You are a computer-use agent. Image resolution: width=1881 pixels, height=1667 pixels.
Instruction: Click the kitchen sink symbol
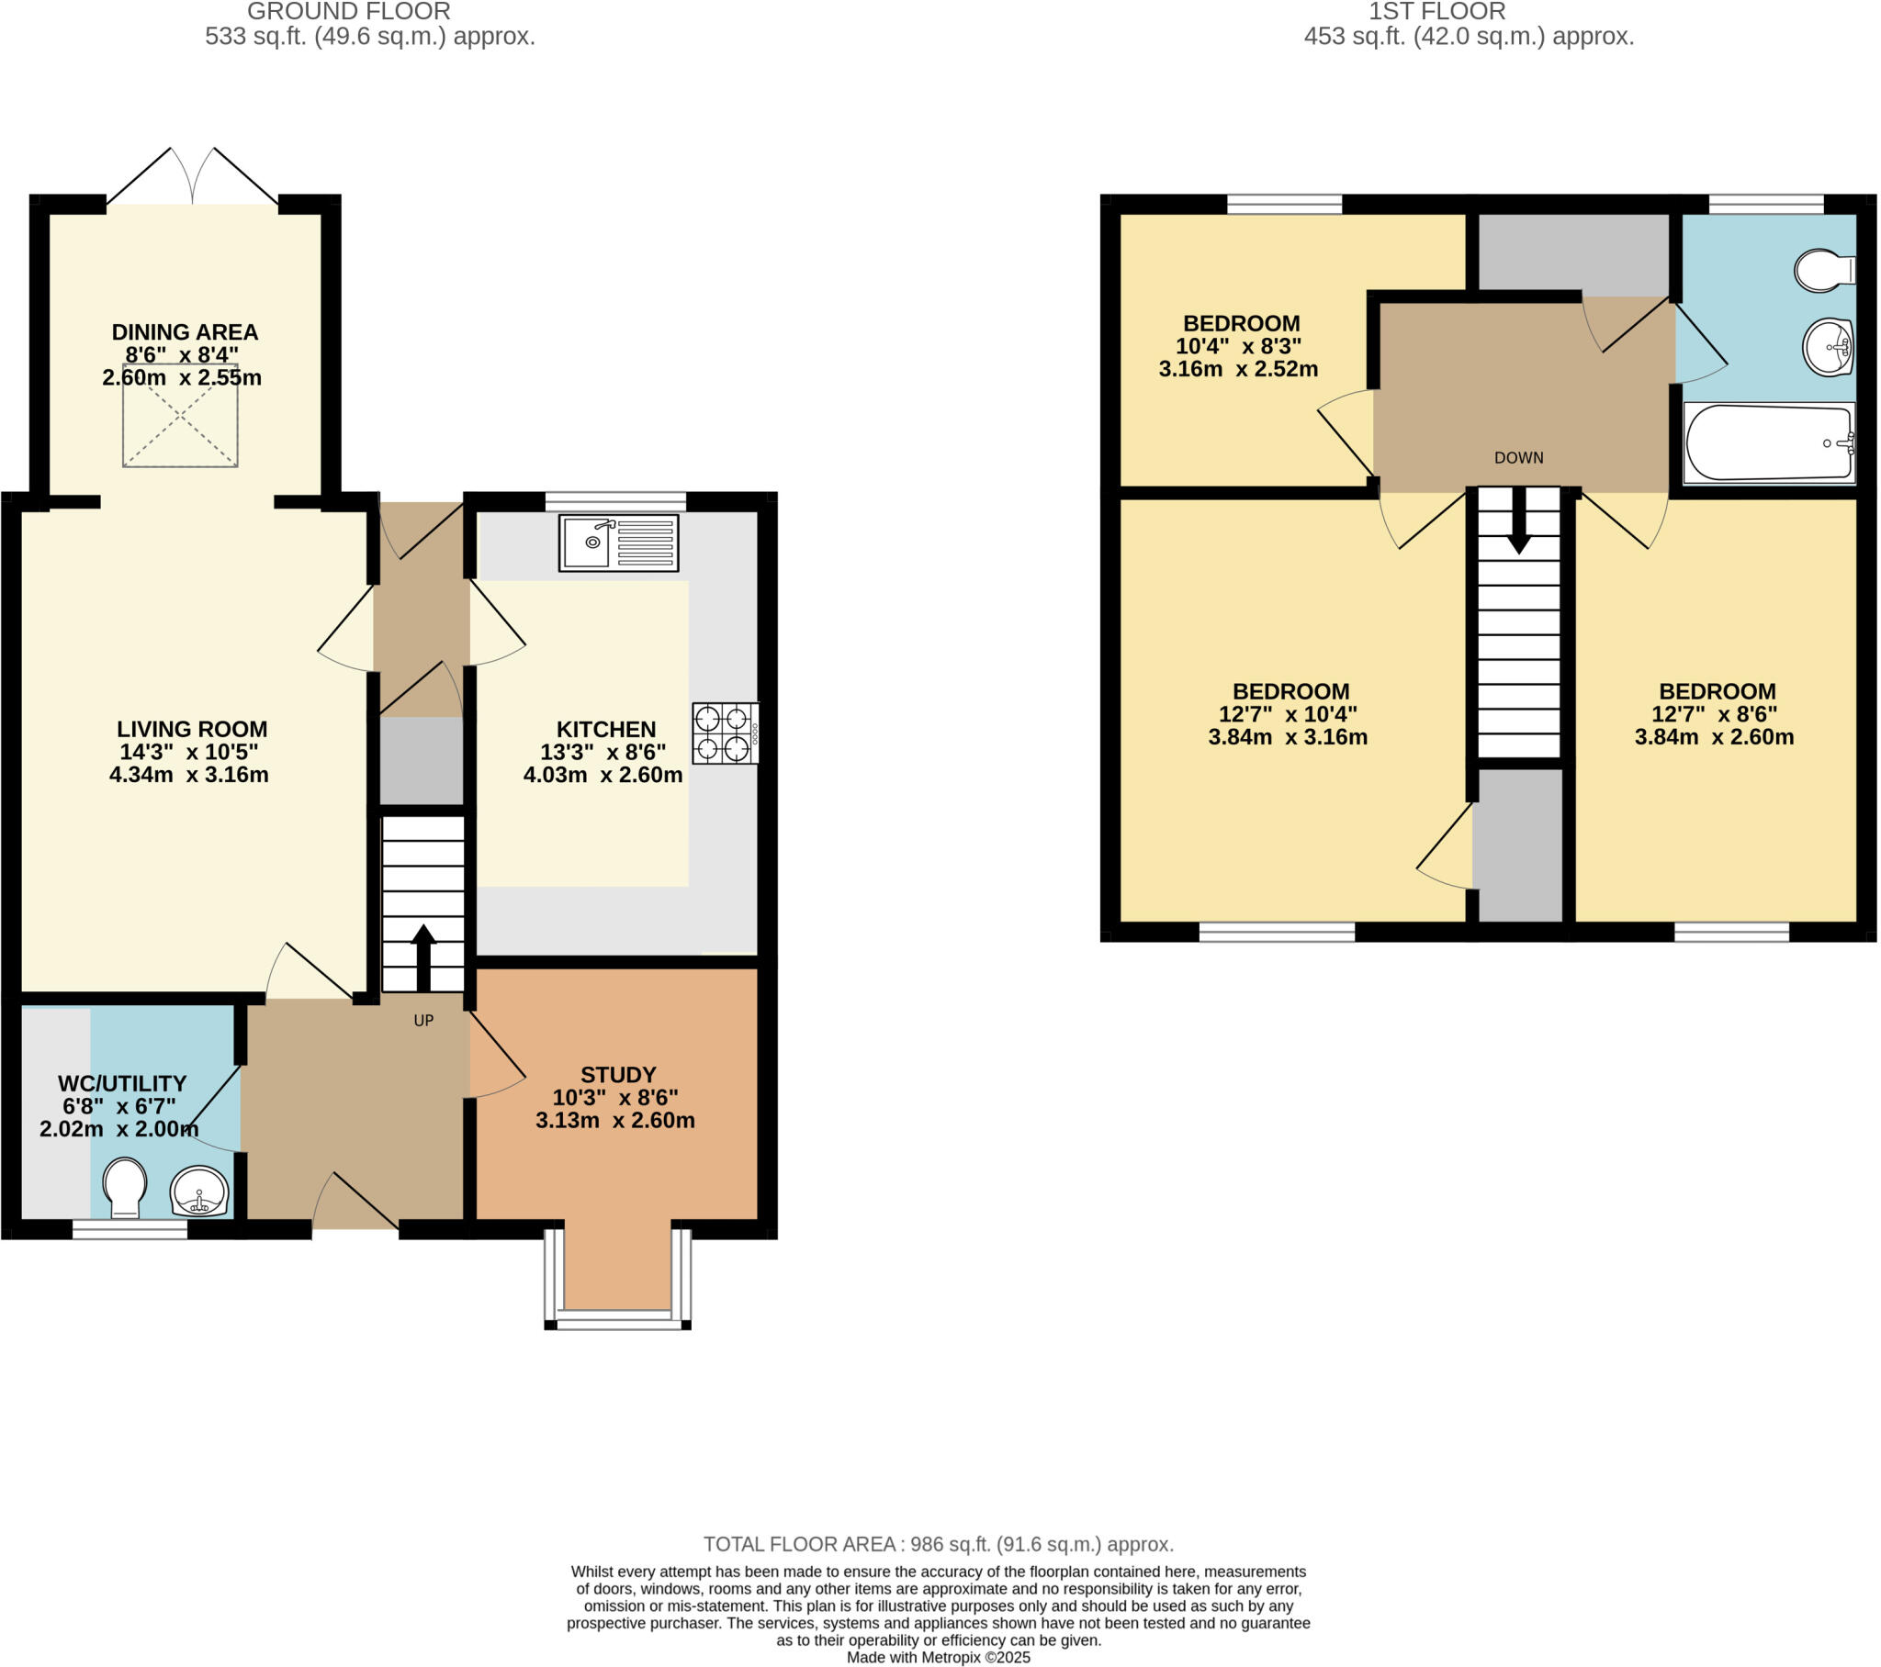pos(618,543)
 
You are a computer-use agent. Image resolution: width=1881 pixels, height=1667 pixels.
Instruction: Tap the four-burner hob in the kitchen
pos(725,733)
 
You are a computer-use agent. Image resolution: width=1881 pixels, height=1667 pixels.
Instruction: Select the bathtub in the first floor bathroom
pos(1768,442)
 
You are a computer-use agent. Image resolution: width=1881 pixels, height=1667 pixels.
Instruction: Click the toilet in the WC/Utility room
pos(123,1188)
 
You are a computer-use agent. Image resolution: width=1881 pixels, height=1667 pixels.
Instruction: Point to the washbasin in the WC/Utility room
pos(198,1192)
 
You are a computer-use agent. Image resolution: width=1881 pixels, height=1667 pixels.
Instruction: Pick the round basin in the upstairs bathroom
pos(1827,348)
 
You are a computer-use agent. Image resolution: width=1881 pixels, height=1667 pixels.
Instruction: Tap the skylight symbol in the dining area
pos(180,415)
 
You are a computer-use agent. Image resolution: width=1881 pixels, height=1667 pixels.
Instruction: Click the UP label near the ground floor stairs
pos(423,1020)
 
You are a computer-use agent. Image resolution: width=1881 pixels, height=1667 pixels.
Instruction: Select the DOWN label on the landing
pos(1518,458)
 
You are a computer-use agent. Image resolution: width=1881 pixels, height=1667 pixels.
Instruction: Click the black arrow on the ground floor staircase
pos(423,957)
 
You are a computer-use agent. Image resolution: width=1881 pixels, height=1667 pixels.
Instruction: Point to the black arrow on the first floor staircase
pos(1518,520)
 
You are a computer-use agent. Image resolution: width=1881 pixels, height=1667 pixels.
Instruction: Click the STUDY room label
pos(617,1075)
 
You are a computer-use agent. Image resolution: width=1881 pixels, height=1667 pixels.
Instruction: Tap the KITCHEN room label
pos(605,730)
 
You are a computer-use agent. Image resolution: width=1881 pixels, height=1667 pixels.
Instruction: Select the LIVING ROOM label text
pos(191,729)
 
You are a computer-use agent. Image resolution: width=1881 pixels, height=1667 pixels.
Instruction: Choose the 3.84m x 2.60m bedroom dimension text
pos(1714,737)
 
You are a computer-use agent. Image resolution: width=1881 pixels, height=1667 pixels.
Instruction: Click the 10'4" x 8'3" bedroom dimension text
pos(1238,347)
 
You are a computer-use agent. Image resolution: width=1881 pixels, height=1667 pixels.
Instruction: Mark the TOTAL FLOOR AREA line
pos(938,1545)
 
